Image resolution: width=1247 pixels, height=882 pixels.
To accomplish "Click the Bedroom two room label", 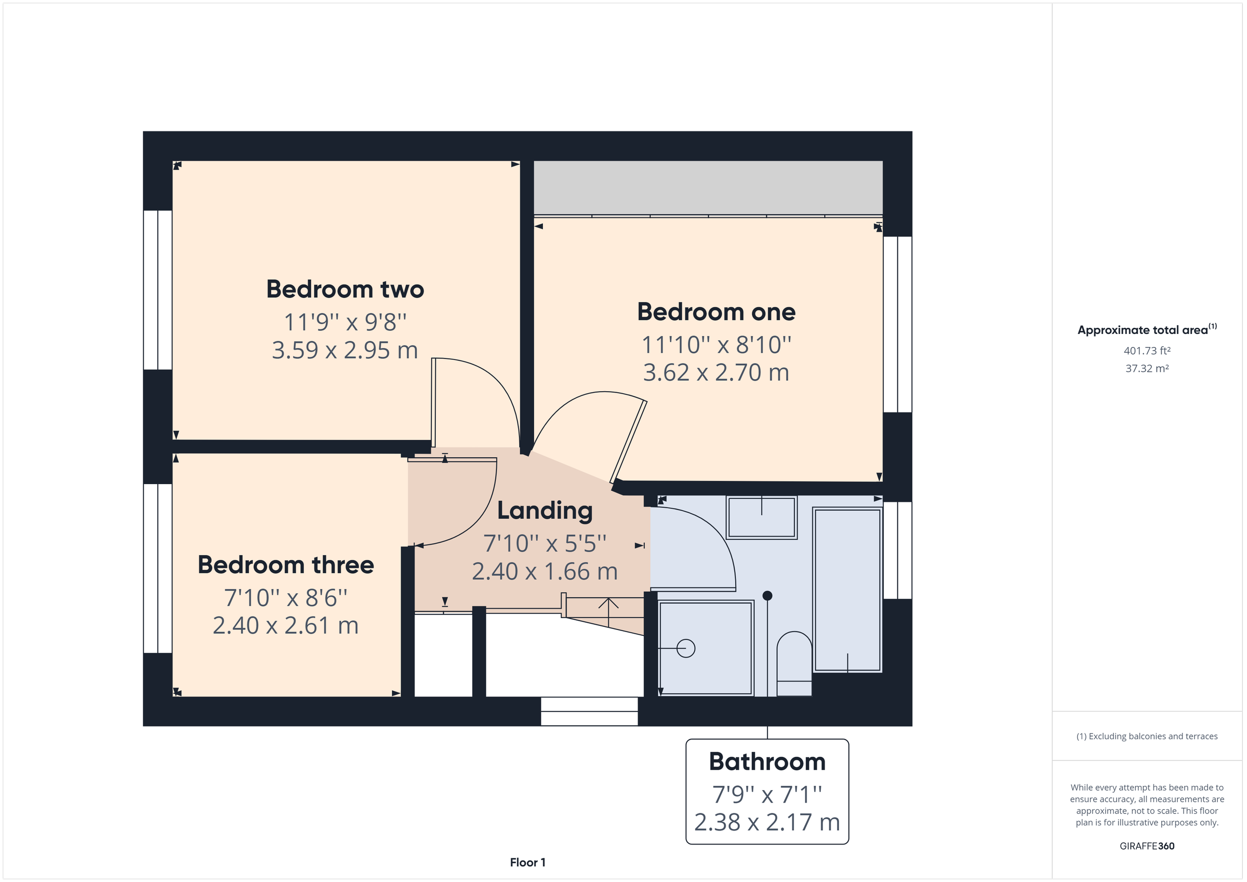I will pos(345,289).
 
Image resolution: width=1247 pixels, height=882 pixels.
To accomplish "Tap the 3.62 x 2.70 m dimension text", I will pos(716,372).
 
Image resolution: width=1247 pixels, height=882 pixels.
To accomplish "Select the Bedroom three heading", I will pos(286,565).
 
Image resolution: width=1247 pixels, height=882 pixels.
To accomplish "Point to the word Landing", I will pos(545,511).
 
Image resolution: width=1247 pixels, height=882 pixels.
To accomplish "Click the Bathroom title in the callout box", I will pos(767,761).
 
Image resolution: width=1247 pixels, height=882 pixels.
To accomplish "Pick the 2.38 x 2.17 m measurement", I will pos(767,822).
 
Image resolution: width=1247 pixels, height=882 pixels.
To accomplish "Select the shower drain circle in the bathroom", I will pos(686,648).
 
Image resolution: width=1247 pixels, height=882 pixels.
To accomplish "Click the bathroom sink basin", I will pos(762,517).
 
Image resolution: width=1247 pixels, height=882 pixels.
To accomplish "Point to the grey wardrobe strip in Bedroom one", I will pos(708,188).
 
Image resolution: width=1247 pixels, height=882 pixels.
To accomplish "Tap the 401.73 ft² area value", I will pos(1147,351).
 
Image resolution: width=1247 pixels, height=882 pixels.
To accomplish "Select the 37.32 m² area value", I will pos(1147,368).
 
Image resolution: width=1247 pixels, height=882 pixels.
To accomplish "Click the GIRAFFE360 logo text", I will pos(1147,846).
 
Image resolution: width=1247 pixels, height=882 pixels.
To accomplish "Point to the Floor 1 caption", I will pos(527,862).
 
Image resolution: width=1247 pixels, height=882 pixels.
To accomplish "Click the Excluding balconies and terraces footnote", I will pos(1147,737).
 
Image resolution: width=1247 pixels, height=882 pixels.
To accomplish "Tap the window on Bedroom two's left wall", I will pos(157,289).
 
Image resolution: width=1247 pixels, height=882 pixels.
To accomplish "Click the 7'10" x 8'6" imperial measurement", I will pos(286,598).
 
